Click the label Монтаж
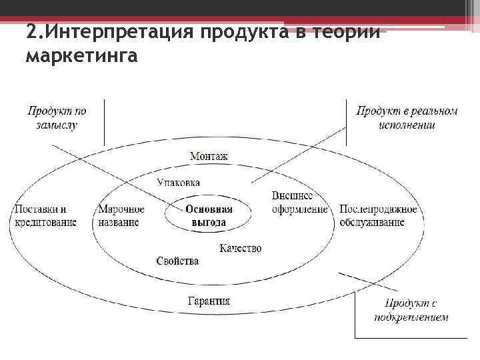(209, 157)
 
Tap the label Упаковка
(179, 183)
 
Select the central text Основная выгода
(209, 215)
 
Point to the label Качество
(241, 248)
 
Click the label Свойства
(177, 261)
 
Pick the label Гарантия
(209, 301)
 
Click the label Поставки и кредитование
(45, 215)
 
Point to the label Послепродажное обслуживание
(378, 215)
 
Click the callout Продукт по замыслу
(57, 117)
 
